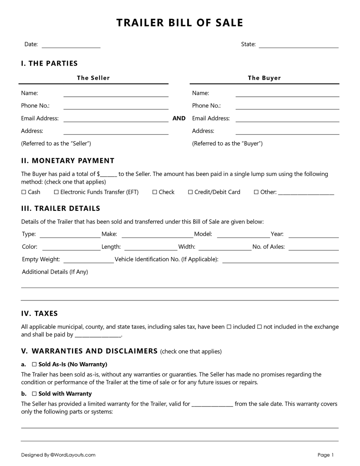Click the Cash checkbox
pos(24,192)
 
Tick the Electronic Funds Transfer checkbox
pos(56,192)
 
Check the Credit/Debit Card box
pos(190,192)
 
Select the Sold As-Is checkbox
pos(34,364)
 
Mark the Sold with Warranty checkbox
pos(34,394)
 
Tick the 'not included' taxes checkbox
pos(259,327)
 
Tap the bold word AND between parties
pos(179,118)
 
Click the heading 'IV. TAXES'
pos(40,314)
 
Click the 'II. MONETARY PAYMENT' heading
pos(68,161)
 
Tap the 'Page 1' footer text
pos(326,455)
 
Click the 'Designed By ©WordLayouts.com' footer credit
pos(58,455)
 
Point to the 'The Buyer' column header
pos(264,78)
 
